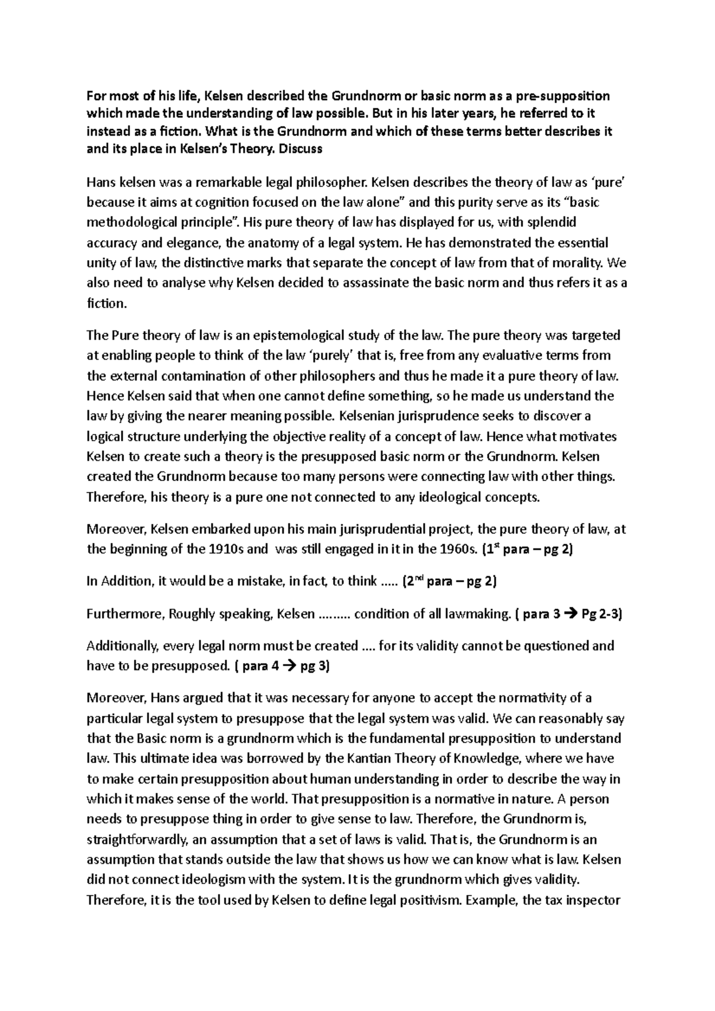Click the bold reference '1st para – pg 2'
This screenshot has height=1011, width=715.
click(528, 549)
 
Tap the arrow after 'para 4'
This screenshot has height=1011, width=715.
click(289, 666)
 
